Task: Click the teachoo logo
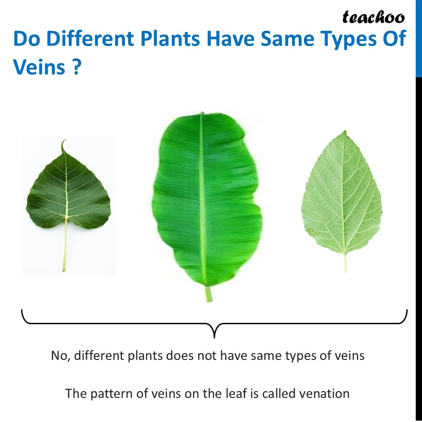[x=373, y=17]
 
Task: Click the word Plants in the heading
[x=170, y=38]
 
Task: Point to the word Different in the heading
[x=90, y=38]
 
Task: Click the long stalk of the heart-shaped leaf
[x=65, y=244]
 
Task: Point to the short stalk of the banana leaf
[x=208, y=294]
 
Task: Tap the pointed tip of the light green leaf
[x=345, y=131]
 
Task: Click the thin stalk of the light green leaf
[x=345, y=263]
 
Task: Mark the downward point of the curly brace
[x=214, y=337]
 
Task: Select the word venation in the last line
[x=324, y=393]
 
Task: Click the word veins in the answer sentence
[x=349, y=355]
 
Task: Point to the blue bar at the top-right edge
[x=419, y=38]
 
